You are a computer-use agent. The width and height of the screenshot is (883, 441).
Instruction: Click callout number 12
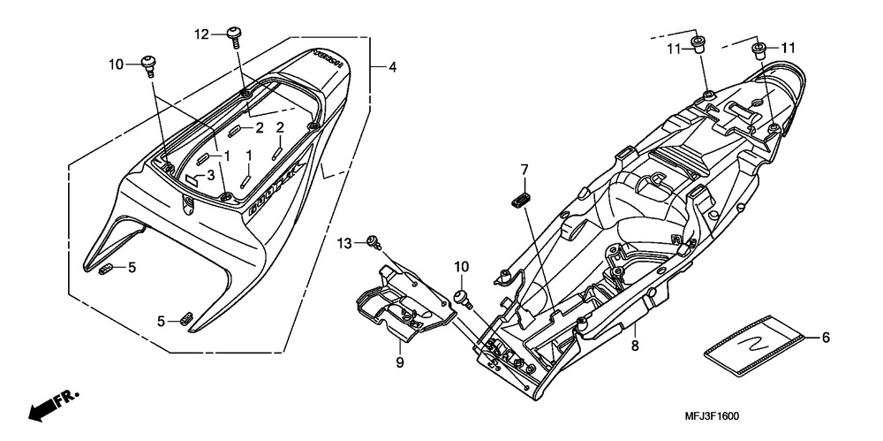tap(202, 34)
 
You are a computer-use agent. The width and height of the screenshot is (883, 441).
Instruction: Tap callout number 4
tap(391, 66)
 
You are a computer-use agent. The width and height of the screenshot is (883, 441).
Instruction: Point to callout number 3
tap(210, 176)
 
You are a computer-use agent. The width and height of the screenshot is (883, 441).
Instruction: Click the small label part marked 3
tap(190, 177)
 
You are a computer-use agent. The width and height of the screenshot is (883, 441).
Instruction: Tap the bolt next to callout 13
tap(375, 240)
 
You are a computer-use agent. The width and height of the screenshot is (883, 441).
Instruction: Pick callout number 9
tap(399, 362)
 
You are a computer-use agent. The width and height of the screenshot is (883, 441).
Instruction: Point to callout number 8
tap(634, 347)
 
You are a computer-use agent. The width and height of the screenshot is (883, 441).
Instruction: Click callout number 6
tap(826, 337)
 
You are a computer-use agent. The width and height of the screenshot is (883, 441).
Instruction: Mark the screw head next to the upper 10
tap(148, 64)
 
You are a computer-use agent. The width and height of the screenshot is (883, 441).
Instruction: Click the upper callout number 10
tap(117, 65)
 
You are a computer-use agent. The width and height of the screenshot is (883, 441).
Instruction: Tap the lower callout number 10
tap(461, 266)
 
